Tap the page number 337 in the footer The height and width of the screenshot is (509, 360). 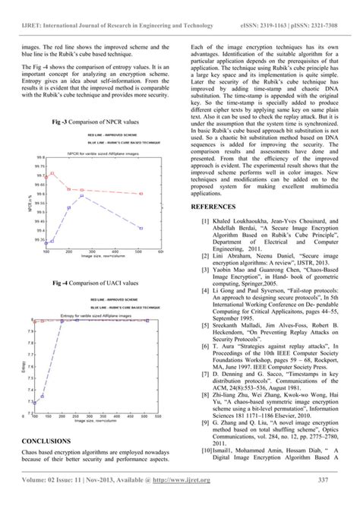pyautogui.click(x=322, y=499)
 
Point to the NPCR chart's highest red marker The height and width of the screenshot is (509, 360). pyautogui.click(x=52, y=174)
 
